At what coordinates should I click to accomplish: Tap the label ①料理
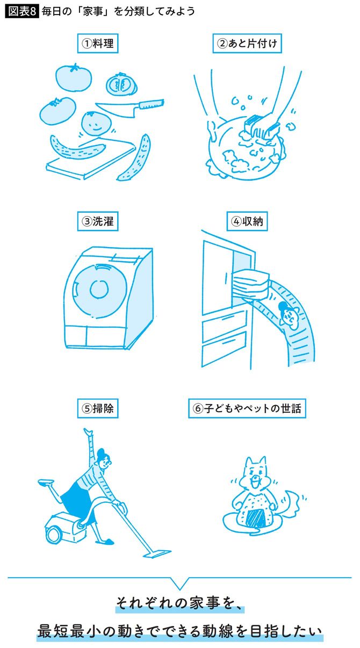(x=98, y=44)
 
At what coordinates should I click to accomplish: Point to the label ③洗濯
(x=98, y=220)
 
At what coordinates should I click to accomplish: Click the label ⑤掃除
(x=98, y=408)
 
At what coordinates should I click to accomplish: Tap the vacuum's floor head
(x=153, y=552)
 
